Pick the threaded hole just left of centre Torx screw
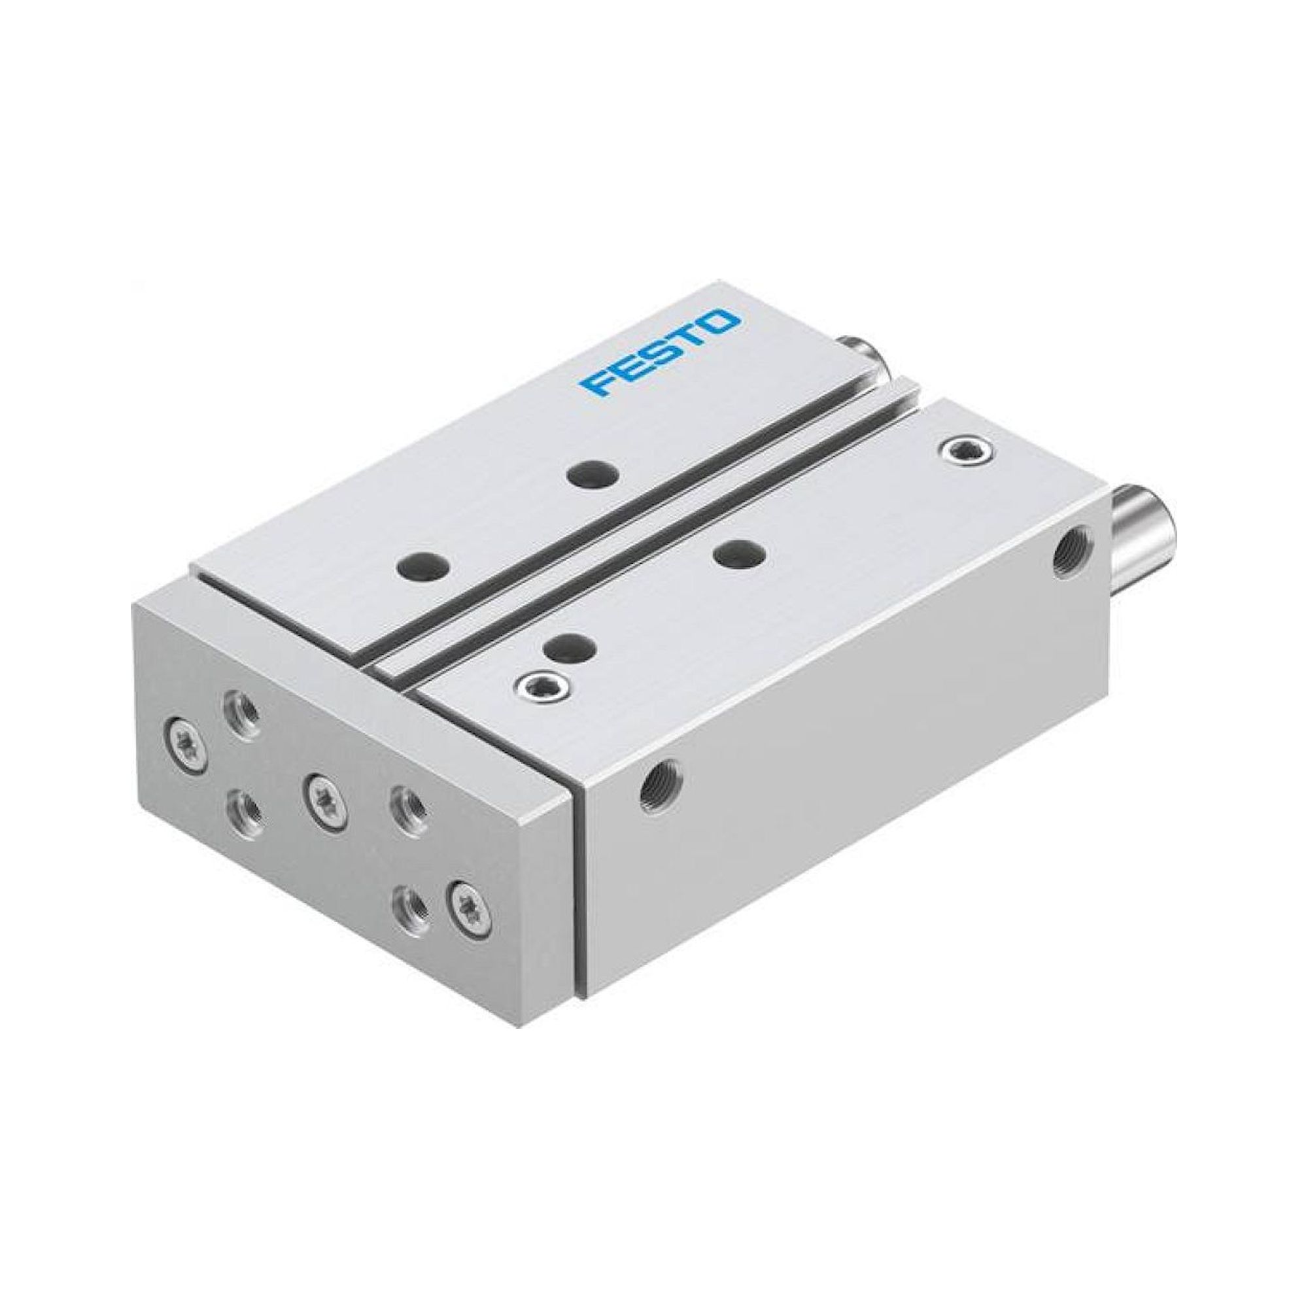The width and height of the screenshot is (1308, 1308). pyautogui.click(x=243, y=808)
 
